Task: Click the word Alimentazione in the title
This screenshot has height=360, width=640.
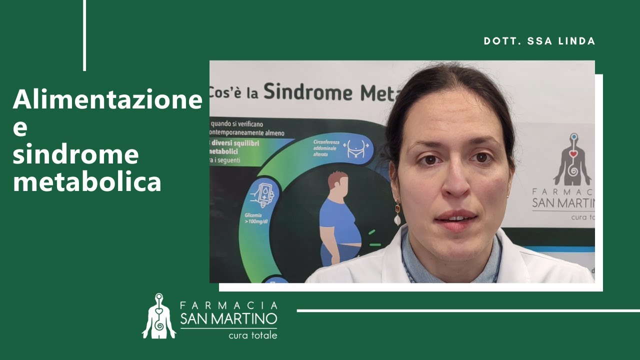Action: pos(107,99)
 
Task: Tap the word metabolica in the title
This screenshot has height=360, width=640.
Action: pos(87,182)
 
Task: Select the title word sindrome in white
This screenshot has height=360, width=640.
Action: pos(75,155)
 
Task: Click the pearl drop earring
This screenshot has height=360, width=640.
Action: pos(397,218)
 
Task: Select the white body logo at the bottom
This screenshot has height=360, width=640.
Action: pos(159,316)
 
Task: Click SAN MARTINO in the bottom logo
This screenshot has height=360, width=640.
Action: pos(228,318)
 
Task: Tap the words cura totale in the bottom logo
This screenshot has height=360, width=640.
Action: pos(252,335)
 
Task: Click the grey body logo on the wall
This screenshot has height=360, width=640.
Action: pos(572,160)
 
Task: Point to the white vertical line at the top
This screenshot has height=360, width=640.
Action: pos(84,35)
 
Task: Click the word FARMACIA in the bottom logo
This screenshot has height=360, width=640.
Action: pos(228,305)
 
